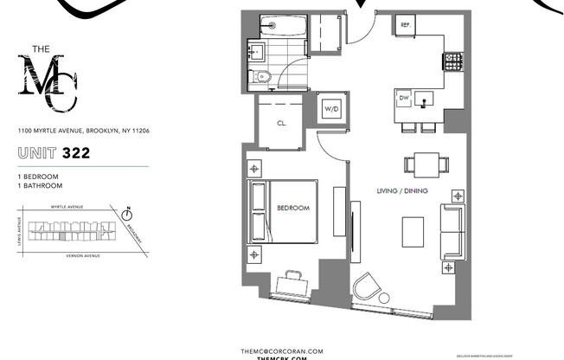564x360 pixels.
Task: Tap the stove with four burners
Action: (x=452, y=61)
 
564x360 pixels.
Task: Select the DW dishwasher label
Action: (x=403, y=99)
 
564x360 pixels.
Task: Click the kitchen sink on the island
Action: (x=425, y=100)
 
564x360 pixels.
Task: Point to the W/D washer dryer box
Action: (x=331, y=110)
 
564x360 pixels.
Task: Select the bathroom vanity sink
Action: (x=256, y=53)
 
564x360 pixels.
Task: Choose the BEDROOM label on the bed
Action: (x=292, y=209)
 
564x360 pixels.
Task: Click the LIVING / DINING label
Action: (x=402, y=190)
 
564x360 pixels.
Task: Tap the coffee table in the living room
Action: (x=413, y=230)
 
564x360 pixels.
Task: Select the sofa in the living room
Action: (x=452, y=230)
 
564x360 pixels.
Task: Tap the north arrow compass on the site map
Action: (x=128, y=211)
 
